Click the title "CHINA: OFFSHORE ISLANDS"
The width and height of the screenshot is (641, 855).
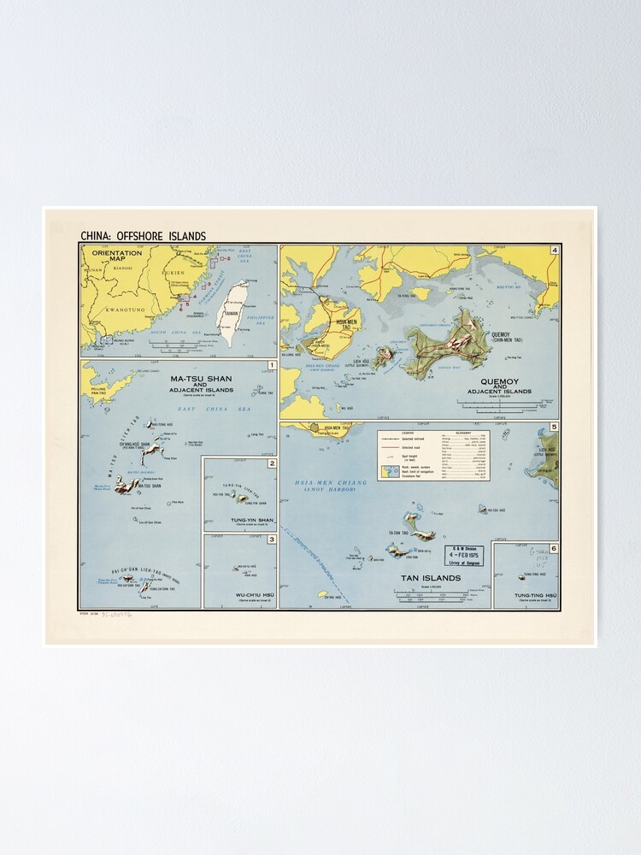pyautogui.click(x=143, y=236)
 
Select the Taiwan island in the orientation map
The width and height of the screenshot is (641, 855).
pyautogui.click(x=232, y=311)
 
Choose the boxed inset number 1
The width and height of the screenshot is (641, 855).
pyautogui.click(x=271, y=366)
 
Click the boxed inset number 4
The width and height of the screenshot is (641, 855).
pyautogui.click(x=554, y=251)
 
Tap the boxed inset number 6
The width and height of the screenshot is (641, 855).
pyautogui.click(x=554, y=548)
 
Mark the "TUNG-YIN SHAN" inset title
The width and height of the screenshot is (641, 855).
pyautogui.click(x=240, y=520)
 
